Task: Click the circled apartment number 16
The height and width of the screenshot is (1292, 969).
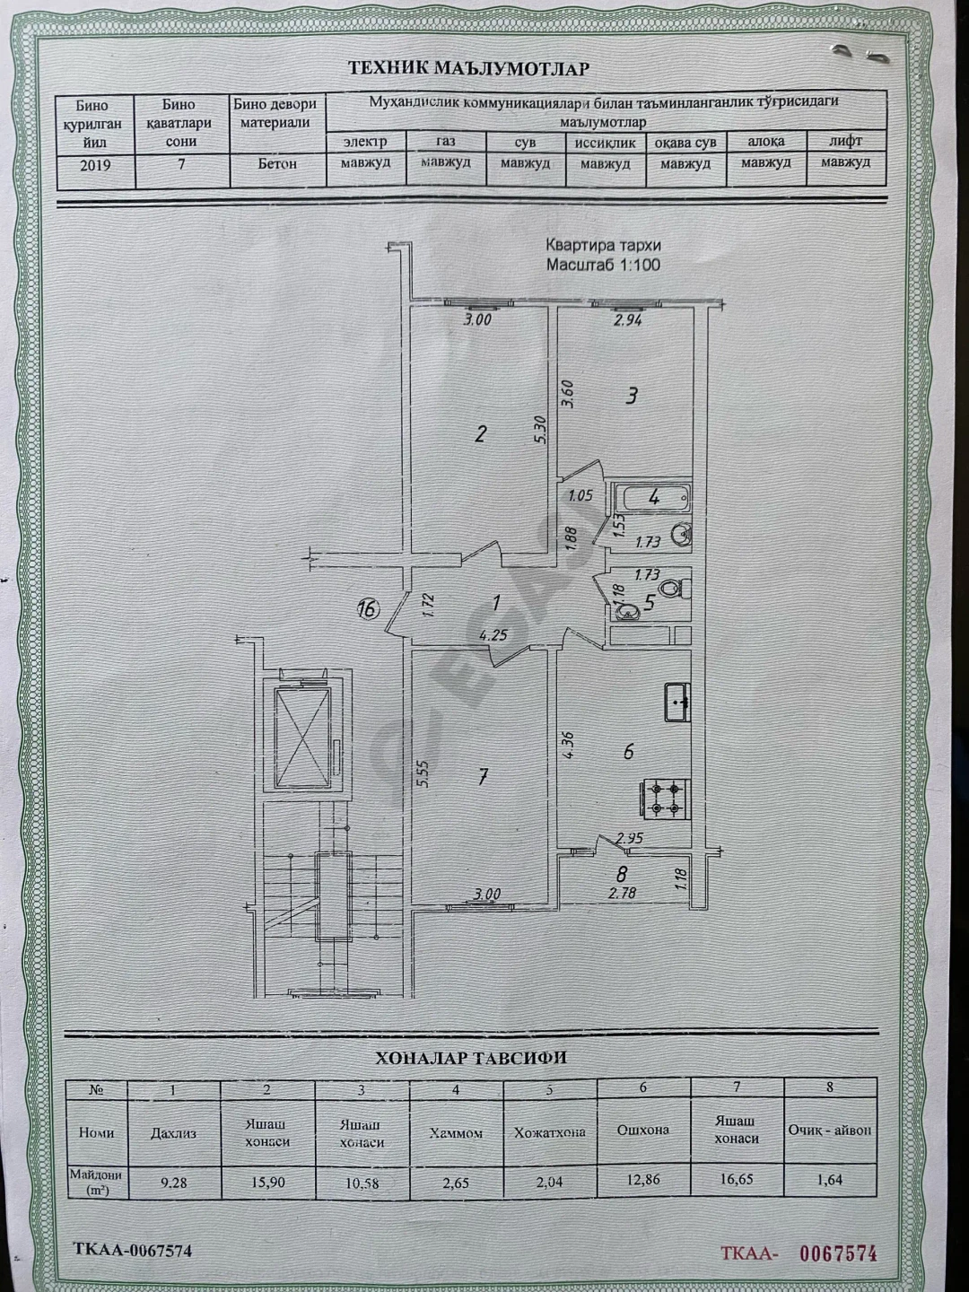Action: [x=368, y=609]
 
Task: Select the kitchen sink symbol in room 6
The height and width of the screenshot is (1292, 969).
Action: [x=677, y=703]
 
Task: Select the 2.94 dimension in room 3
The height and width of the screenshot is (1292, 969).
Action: [x=627, y=321]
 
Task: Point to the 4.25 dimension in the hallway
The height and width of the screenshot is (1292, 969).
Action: [x=493, y=635]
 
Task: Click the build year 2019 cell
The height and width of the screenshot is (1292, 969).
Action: [x=95, y=165]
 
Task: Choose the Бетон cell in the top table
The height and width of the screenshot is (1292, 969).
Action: [x=276, y=164]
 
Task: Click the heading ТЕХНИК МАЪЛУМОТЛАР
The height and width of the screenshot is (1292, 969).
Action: [x=469, y=69]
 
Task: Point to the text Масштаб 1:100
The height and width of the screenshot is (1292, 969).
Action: [x=603, y=265]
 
